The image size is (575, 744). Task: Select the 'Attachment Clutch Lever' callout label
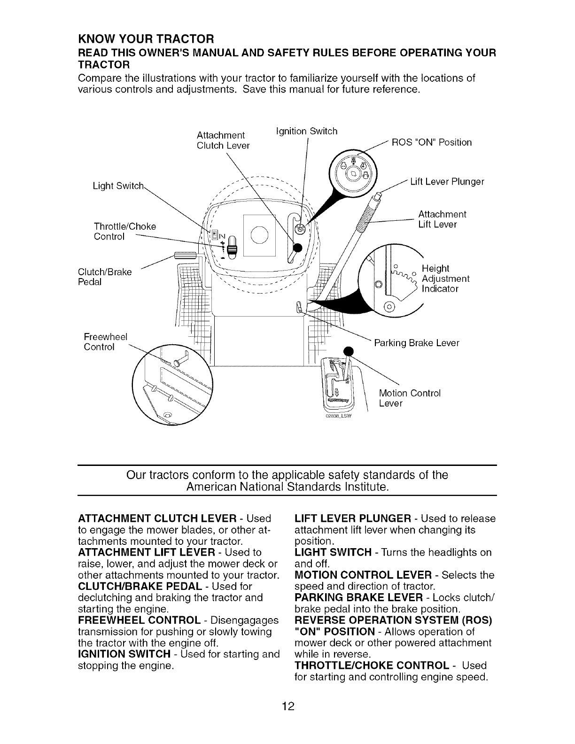(x=223, y=140)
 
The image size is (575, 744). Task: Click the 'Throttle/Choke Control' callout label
(x=125, y=232)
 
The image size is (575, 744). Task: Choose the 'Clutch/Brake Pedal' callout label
(x=105, y=277)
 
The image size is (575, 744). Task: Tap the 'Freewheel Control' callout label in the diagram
(x=105, y=342)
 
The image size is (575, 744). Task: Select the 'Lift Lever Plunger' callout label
(x=447, y=182)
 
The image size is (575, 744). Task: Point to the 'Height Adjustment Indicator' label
(x=445, y=279)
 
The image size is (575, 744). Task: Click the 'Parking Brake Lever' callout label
(x=416, y=343)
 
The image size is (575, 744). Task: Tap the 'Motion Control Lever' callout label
(x=409, y=398)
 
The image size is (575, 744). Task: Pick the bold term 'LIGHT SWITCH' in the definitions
(x=333, y=552)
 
